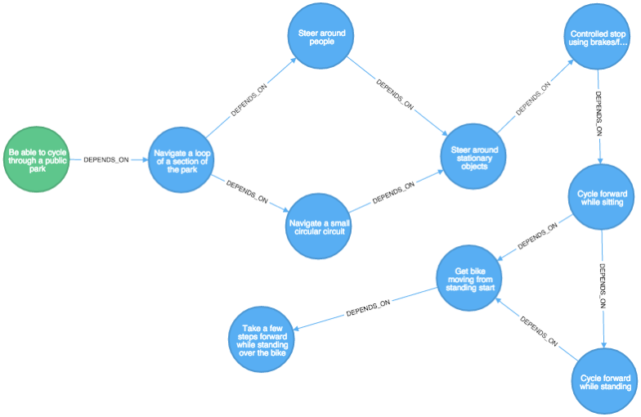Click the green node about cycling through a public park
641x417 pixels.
click(37, 159)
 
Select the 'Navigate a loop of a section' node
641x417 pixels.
click(182, 159)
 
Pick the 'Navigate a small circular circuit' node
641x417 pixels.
click(319, 226)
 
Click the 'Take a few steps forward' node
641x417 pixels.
click(262, 339)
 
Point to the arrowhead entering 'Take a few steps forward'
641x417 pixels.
click(297, 329)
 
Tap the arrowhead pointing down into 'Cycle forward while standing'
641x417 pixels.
click(605, 346)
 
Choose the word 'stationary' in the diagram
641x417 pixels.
click(474, 158)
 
